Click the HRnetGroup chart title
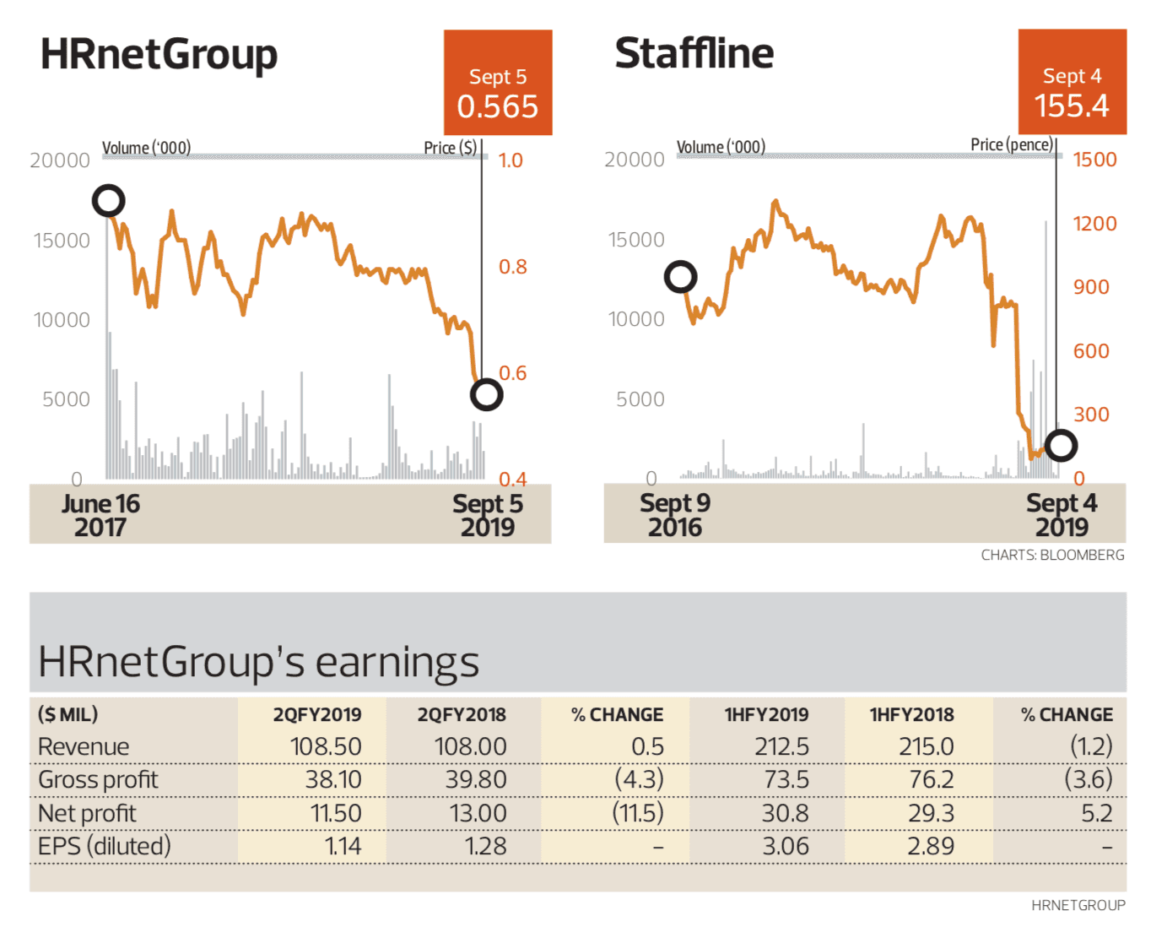159,55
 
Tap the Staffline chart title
694,53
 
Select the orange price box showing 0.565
498,83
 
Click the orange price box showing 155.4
1072,82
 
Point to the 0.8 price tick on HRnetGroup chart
512,267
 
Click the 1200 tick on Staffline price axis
1094,224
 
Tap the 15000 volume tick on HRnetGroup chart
62,241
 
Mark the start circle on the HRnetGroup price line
108,201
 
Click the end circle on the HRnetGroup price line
486,394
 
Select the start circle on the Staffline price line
680,277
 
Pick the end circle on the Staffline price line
1061,445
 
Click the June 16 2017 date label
100,515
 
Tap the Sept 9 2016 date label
675,515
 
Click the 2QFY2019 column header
316,715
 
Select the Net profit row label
87,814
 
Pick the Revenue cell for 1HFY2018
926,747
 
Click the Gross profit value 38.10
333,780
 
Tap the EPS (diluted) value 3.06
785,847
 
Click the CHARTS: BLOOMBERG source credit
1052,556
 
